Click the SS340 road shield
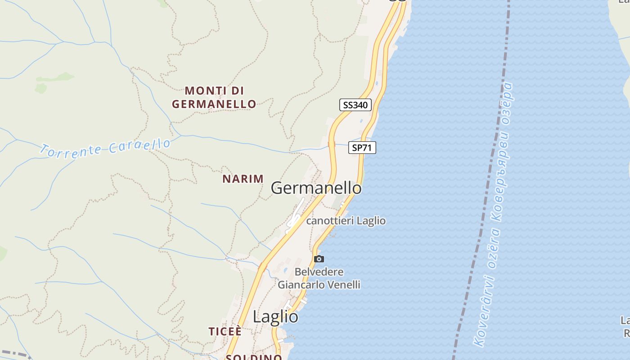(355, 105)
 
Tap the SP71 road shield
(362, 148)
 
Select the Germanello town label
(316, 188)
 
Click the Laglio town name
(275, 317)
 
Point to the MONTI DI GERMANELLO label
(214, 97)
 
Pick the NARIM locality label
(243, 179)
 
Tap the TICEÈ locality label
(225, 332)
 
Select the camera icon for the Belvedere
(319, 259)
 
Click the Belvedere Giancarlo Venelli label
(319, 279)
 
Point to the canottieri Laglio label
(346, 221)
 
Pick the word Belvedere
(319, 272)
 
